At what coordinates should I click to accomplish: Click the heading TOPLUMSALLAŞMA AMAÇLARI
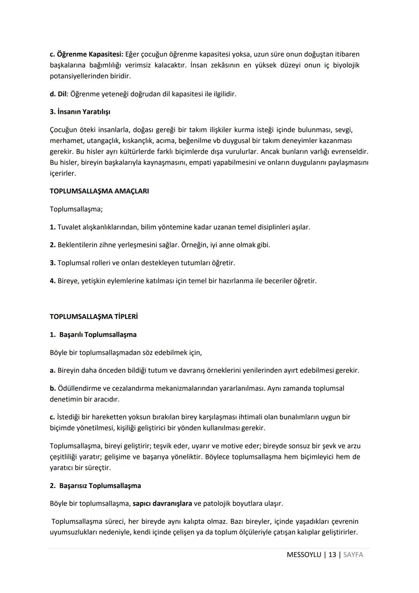(99, 191)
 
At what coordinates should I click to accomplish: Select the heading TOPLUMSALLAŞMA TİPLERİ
(93, 317)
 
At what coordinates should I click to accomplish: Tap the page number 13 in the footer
(332, 555)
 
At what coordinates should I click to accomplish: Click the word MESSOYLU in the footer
(304, 555)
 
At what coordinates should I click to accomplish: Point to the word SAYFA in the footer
(353, 555)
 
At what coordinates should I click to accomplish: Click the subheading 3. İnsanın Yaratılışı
(80, 112)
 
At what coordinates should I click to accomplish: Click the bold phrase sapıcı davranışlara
(162, 504)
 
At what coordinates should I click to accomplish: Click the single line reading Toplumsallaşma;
(76, 209)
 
